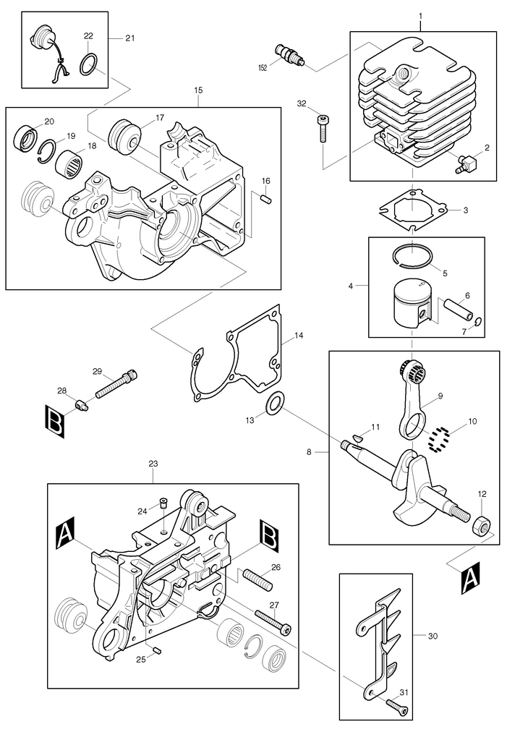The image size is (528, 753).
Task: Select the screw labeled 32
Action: [323, 128]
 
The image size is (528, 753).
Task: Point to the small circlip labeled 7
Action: [478, 322]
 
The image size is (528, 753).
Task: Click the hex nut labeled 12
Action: [482, 525]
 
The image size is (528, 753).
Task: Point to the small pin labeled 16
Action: [265, 197]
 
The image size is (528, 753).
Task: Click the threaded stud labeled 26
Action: [258, 579]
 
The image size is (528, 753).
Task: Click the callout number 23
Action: [153, 464]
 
